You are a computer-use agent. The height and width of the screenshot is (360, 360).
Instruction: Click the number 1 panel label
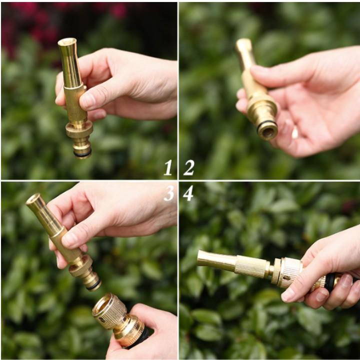point(168,167)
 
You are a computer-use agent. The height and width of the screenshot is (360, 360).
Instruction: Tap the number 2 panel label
point(188,167)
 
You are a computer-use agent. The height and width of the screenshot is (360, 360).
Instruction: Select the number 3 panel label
point(168,192)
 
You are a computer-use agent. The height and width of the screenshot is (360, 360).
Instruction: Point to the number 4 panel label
point(188,192)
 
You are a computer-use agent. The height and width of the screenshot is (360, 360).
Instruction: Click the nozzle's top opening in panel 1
point(66,42)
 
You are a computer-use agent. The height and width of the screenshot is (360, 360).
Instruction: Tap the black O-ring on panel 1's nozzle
point(82,154)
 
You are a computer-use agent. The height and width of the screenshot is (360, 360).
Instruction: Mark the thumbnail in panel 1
point(88,100)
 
